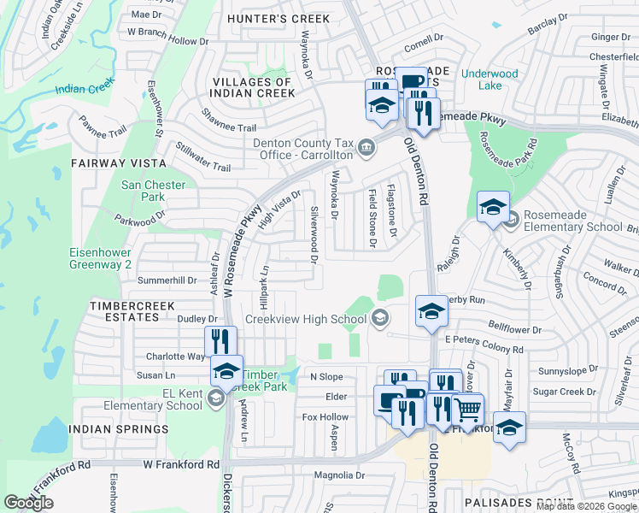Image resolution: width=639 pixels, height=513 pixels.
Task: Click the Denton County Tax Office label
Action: [x=303, y=149]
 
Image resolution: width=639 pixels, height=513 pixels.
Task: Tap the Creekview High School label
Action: [x=305, y=319]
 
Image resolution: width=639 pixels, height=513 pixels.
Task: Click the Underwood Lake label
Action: [x=490, y=80]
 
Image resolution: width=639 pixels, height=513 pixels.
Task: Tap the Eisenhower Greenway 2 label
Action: [x=100, y=259]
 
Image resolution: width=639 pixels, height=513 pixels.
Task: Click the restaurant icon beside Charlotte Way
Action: [x=220, y=341]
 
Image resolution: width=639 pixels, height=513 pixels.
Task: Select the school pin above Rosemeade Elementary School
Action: [x=493, y=207]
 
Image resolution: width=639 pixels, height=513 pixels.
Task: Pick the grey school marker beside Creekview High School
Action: [x=379, y=319]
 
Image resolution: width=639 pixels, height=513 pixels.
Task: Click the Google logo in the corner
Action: [x=28, y=503]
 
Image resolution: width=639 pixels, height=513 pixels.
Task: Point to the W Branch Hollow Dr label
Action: [x=167, y=41]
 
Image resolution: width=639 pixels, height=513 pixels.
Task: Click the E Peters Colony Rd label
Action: [x=484, y=350]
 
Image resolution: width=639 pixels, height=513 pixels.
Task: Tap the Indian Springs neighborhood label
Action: [x=119, y=429]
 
